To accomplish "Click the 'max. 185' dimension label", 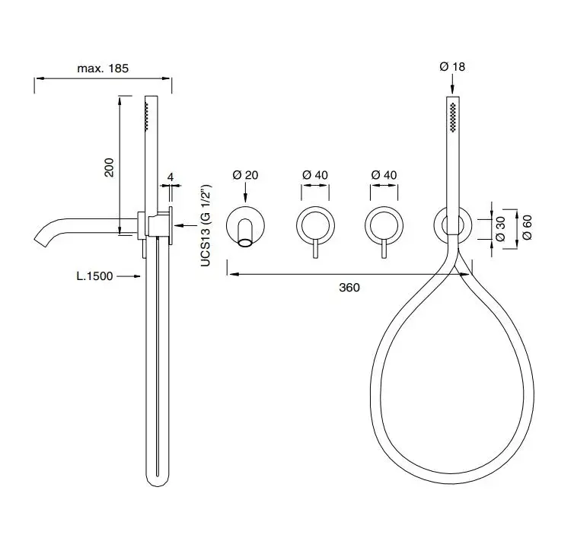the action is click(103, 68).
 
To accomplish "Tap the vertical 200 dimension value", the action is click(109, 167).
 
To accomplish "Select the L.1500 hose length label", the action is click(94, 276).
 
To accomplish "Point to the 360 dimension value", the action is click(349, 288).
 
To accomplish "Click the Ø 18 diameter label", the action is click(452, 67).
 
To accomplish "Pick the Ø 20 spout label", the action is click(245, 175).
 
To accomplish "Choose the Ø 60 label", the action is click(527, 227).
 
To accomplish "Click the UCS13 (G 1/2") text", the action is click(206, 225).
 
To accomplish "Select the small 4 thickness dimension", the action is click(171, 177).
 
